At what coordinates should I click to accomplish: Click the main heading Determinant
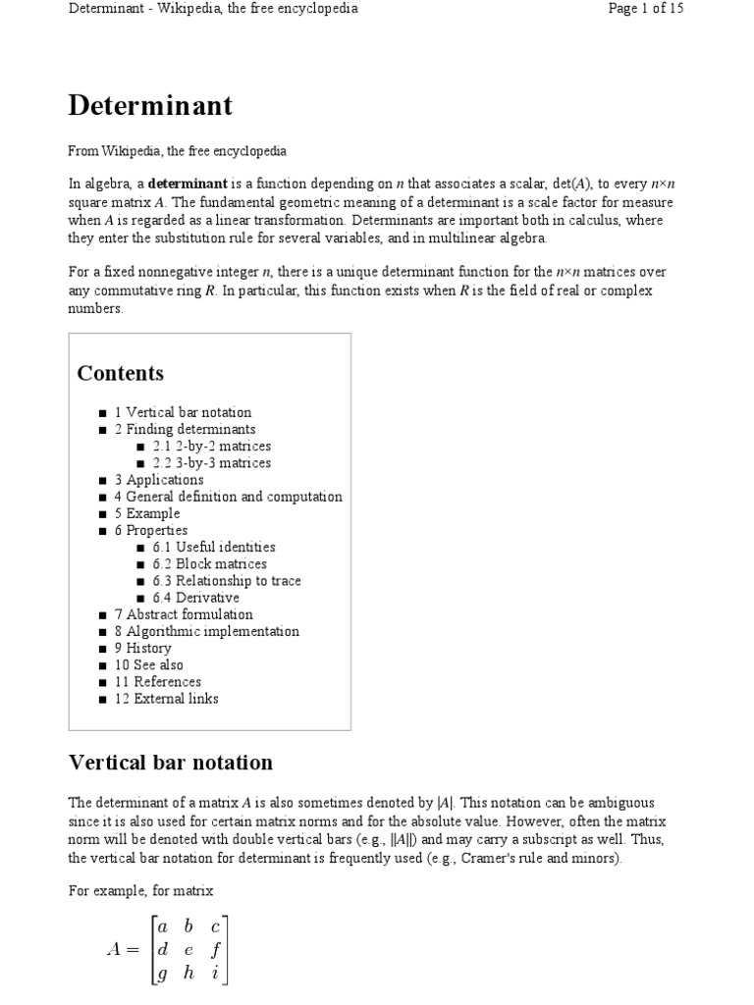[x=150, y=105]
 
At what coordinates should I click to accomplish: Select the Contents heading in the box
[x=121, y=373]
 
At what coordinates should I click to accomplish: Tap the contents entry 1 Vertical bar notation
[x=183, y=412]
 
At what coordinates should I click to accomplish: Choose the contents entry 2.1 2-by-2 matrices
[x=211, y=446]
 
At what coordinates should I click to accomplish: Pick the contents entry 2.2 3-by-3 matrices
[x=211, y=462]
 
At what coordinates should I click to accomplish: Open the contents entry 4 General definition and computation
[x=228, y=497]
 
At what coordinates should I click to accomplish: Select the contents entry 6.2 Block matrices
[x=209, y=564]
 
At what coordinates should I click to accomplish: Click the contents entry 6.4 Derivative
[x=195, y=598]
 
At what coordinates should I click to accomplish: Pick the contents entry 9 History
[x=142, y=648]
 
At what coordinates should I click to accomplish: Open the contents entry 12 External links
[x=166, y=699]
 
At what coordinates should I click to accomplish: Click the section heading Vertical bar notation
[x=171, y=763]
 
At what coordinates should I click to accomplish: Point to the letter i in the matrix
[x=214, y=975]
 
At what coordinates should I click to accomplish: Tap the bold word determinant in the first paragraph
[x=188, y=184]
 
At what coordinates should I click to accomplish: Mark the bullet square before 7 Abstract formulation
[x=104, y=615]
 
